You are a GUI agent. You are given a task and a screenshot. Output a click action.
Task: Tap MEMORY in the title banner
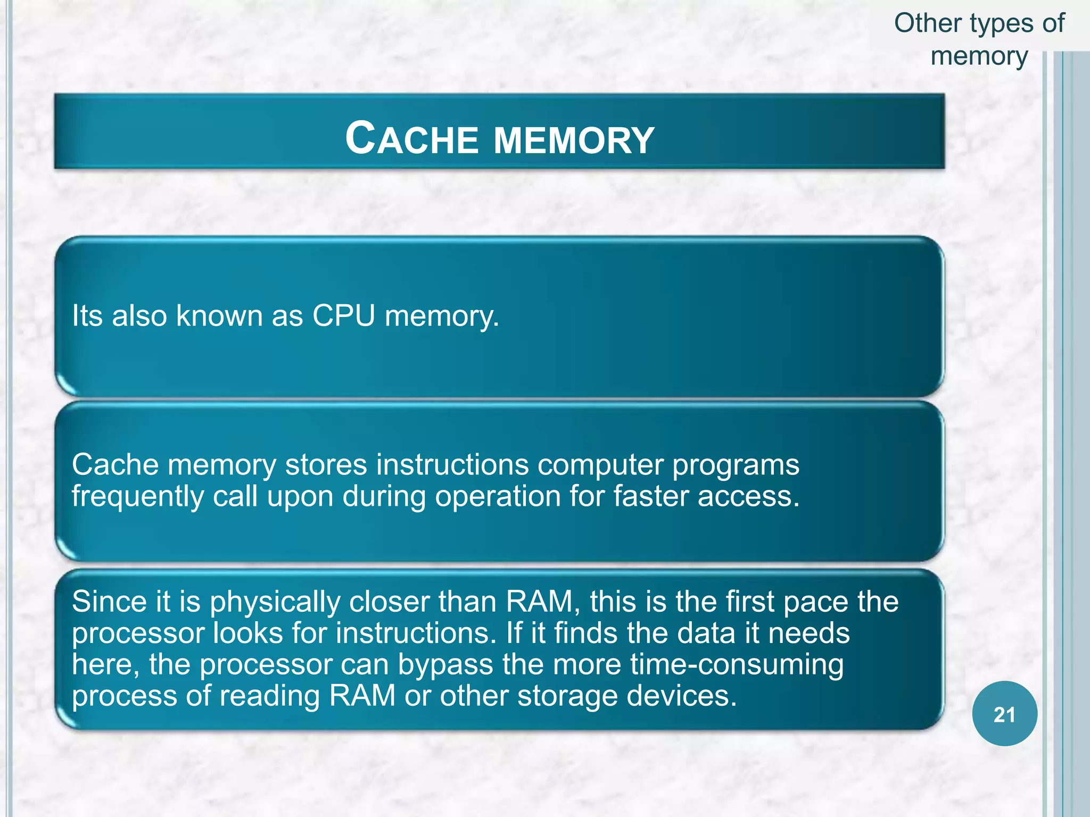click(574, 140)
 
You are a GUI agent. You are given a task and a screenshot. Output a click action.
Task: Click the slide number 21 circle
click(1004, 714)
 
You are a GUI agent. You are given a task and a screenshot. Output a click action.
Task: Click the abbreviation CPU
click(344, 315)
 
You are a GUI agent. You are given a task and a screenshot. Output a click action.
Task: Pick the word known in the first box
click(219, 315)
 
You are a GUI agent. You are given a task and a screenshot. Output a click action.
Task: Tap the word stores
click(326, 464)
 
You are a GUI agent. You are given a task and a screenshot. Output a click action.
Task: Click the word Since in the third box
click(109, 602)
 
